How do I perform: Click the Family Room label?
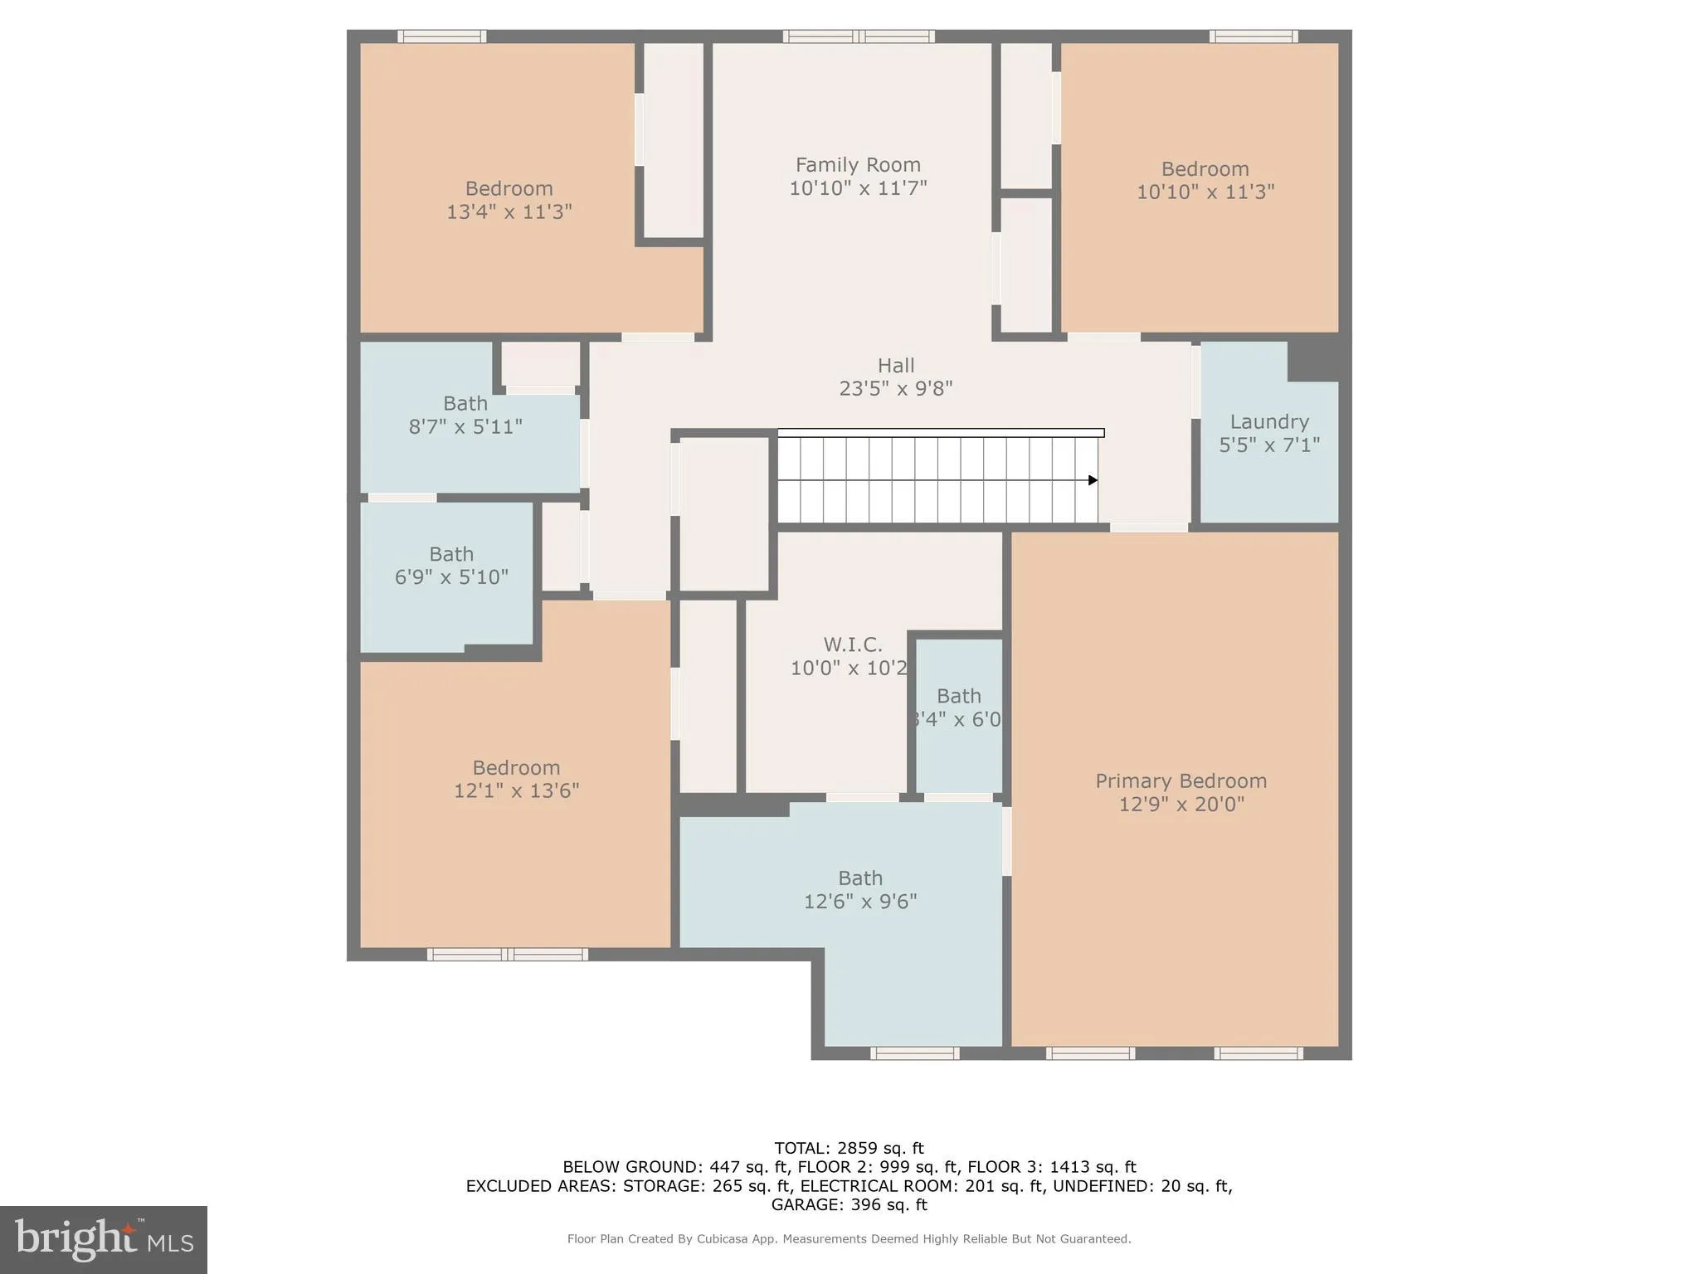tap(858, 165)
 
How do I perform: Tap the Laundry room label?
tap(1269, 422)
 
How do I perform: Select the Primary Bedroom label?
tap(1181, 781)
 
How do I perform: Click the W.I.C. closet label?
tap(853, 644)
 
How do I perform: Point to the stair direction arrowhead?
tap(1093, 480)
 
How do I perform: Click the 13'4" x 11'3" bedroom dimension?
tap(509, 212)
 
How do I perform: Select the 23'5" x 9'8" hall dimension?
tap(896, 388)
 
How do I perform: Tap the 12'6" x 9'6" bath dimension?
tap(860, 901)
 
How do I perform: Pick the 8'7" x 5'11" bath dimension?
tap(465, 426)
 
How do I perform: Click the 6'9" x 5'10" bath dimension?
tap(451, 576)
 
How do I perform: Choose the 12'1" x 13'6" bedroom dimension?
tap(516, 790)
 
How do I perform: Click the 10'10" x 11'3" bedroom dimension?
tap(1205, 192)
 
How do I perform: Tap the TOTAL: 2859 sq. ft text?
tap(849, 1148)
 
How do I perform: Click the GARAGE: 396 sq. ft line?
tap(849, 1204)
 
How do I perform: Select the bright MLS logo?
tap(104, 1240)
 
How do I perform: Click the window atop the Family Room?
tap(859, 36)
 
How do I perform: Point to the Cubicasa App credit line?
tap(849, 1238)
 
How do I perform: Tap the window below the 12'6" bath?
tap(915, 1053)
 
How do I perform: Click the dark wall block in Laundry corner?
tap(1314, 360)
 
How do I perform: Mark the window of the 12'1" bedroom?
tap(508, 955)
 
